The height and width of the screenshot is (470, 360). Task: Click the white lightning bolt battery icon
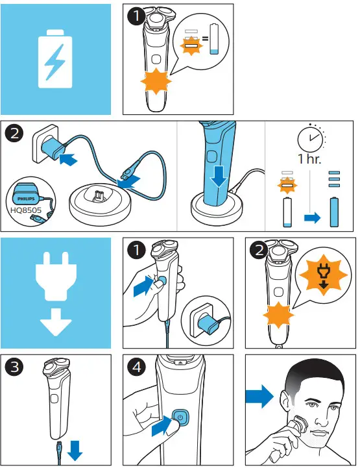click(x=55, y=59)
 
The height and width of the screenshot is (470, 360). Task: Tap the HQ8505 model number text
click(x=26, y=210)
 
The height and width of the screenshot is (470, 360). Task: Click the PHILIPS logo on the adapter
click(x=26, y=199)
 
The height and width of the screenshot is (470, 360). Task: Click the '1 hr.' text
click(x=309, y=159)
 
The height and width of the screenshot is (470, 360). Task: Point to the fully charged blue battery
click(x=334, y=212)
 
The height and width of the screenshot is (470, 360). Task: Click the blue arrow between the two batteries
click(x=312, y=217)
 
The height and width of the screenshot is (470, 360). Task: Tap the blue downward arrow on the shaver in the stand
click(x=219, y=177)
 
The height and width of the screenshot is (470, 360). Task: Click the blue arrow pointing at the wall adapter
click(x=67, y=158)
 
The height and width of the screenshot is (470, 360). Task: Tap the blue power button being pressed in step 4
click(x=180, y=417)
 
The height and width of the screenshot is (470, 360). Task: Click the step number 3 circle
click(x=14, y=367)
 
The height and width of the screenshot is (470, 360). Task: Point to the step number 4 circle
click(x=137, y=367)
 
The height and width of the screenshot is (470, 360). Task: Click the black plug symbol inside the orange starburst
click(x=323, y=275)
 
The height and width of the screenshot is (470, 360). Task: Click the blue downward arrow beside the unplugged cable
click(x=75, y=451)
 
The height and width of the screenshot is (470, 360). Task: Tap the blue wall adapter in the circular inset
click(x=209, y=324)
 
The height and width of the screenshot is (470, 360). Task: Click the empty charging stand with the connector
click(x=100, y=201)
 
